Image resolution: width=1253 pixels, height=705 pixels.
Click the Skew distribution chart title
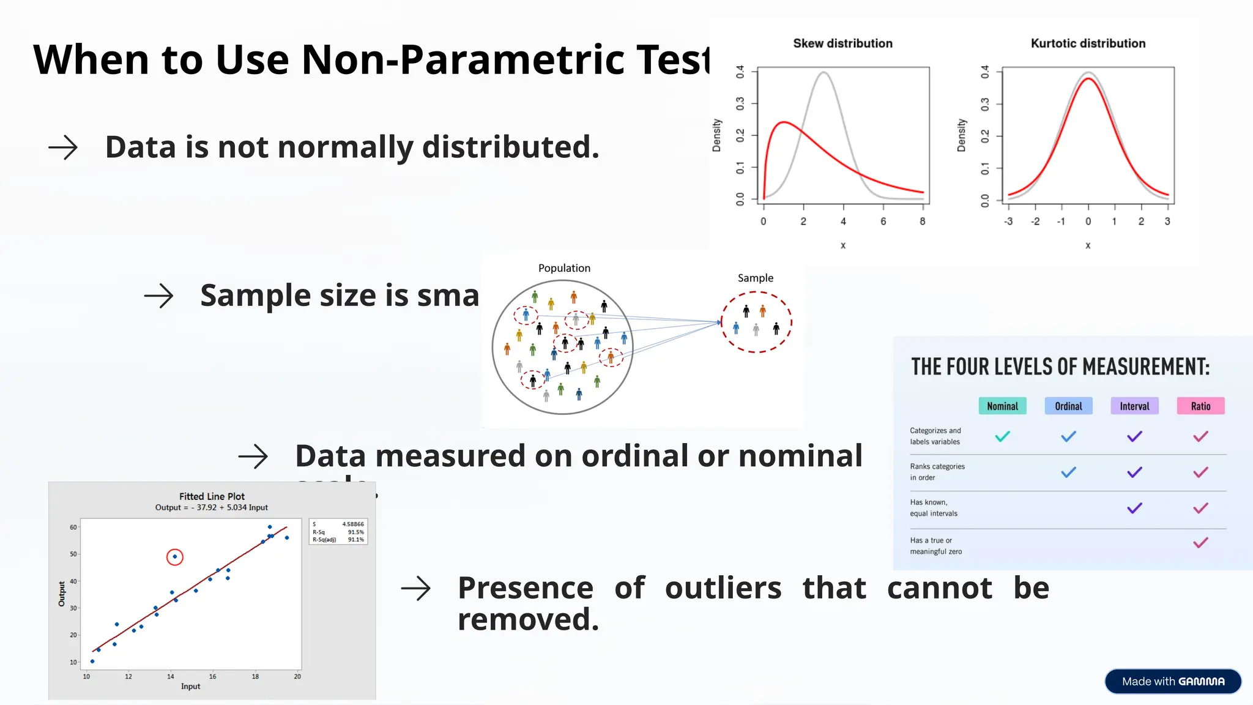pos(842,43)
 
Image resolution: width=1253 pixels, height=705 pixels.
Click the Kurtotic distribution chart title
pos(1088,43)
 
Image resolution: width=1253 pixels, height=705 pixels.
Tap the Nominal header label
pos(1002,406)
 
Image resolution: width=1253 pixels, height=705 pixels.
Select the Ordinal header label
pos(1068,406)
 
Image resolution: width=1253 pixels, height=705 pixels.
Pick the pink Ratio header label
pos(1200,406)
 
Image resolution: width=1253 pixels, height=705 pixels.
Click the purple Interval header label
pos(1134,406)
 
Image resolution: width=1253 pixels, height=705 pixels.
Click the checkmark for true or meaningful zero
pos(1200,543)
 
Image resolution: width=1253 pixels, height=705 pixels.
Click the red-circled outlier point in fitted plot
pos(175,557)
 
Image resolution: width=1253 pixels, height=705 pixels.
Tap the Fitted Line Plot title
pos(212,496)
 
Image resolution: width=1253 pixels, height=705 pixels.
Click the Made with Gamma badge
pos(1173,681)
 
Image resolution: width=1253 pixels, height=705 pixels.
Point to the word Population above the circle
pos(564,268)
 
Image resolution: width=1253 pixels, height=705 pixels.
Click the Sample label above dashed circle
pos(755,278)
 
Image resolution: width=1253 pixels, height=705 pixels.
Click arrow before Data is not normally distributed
pos(63,147)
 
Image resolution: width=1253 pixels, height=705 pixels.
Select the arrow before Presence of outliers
pos(416,588)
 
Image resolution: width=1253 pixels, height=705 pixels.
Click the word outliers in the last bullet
pos(723,588)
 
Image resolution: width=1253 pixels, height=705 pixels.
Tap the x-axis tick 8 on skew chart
pos(922,222)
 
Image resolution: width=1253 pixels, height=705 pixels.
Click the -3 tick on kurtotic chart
pos(1008,222)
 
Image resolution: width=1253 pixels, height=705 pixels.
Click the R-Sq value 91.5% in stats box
pos(355,532)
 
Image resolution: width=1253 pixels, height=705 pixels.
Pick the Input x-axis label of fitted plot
pos(190,687)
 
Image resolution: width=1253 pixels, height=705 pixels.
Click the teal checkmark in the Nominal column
pos(1002,437)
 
